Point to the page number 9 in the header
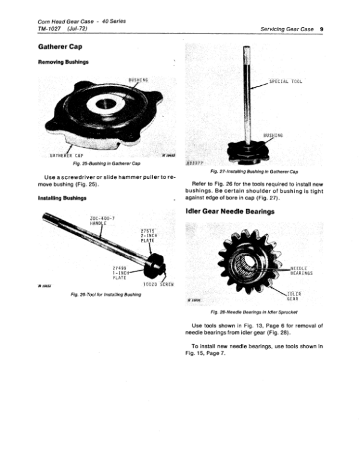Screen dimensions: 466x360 coord(322,29)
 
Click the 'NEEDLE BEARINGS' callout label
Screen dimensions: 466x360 coord(301,270)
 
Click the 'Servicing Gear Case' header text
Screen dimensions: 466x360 coord(287,29)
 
